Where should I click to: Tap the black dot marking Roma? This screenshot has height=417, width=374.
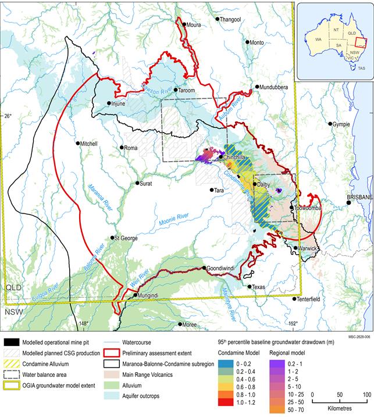pos(122,148)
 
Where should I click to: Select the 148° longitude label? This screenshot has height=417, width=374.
pos(84,324)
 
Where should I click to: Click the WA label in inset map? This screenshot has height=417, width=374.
pos(318,39)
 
